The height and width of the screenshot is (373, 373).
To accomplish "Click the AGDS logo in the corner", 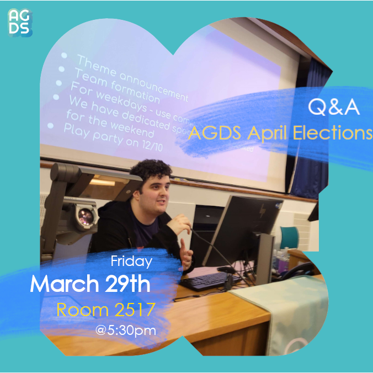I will (x=20, y=23).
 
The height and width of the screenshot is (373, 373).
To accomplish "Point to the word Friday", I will (x=131, y=260).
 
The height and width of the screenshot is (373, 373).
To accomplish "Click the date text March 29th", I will (x=89, y=284).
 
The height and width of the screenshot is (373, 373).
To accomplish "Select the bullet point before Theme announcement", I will (x=65, y=56).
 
